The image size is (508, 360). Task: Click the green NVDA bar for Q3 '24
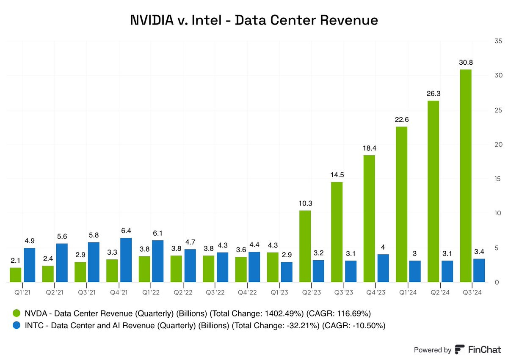pos(465,176)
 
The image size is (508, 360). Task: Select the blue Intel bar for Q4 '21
pos(126,260)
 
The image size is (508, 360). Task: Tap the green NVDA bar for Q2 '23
pos(305,246)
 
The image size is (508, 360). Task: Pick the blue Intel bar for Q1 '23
pos(287,272)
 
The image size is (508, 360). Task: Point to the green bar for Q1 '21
pos(16,275)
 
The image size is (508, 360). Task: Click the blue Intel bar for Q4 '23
pos(383,268)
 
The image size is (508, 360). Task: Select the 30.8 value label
pos(465,62)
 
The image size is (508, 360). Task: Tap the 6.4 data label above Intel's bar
pos(126,231)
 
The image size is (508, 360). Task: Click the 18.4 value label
pos(369,148)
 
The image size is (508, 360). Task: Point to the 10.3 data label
pos(305,203)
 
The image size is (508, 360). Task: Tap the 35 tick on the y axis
pos(497,41)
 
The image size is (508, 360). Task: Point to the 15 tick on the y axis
pos(497,179)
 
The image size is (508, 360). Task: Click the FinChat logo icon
pos(460,349)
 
